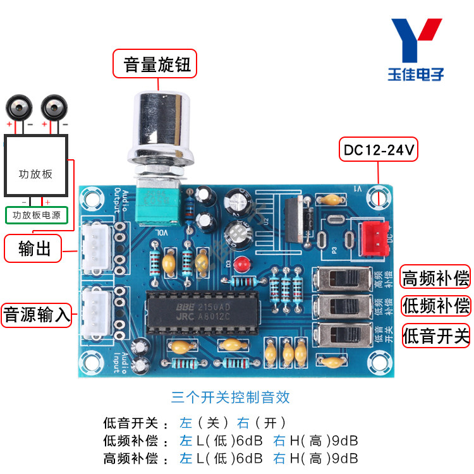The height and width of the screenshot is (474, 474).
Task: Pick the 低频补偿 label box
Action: click(x=435, y=305)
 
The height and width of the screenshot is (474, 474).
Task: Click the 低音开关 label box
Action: click(x=435, y=336)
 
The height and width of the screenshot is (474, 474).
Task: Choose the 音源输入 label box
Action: click(x=36, y=314)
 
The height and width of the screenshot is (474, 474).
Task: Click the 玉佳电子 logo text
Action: click(x=416, y=75)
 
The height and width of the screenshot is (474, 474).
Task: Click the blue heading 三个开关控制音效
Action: click(x=230, y=397)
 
